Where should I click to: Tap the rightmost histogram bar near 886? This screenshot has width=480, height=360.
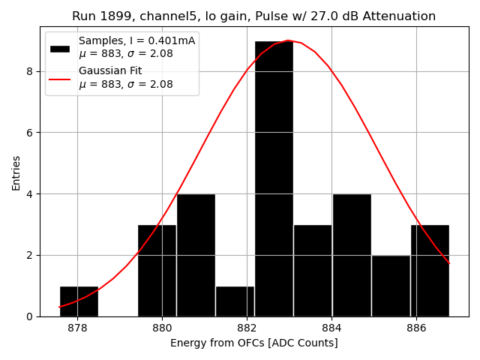430,271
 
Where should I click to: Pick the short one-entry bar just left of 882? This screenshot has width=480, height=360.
235,301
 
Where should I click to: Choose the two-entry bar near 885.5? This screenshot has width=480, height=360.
391,286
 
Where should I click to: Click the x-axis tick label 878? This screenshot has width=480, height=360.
77,328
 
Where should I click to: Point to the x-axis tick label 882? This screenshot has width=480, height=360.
247,328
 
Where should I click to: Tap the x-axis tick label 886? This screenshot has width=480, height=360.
416,328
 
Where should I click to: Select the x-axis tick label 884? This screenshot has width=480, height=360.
331,328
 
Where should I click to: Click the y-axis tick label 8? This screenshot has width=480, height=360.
30,71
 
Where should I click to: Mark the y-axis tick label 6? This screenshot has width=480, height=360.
30,133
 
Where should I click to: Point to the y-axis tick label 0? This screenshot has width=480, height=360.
30,316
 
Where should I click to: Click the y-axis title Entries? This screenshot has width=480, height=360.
16,173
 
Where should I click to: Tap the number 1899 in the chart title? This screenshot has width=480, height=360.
111,16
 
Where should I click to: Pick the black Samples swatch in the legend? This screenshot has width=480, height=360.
60,48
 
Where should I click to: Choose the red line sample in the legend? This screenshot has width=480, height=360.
60,78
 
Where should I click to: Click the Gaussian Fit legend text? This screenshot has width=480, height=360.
110,71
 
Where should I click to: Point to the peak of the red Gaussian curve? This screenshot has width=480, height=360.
288,40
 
